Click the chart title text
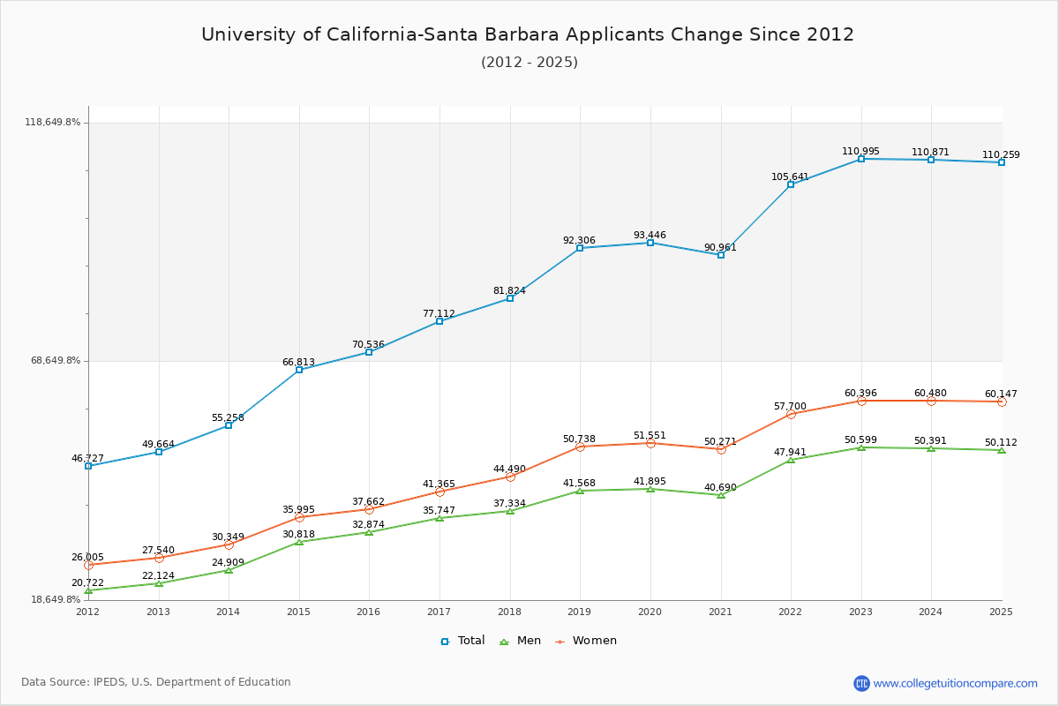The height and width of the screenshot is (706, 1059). coord(528,34)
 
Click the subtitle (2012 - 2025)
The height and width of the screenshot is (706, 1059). coord(529,63)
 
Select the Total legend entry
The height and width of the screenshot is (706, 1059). coord(462,641)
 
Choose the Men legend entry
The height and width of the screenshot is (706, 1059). coord(521,641)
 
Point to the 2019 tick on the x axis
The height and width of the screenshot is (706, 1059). coord(580,612)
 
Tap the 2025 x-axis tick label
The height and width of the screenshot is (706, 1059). coord(1001,612)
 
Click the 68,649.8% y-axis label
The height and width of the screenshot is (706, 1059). coord(56,361)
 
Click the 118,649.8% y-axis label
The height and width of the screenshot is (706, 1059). coord(52,123)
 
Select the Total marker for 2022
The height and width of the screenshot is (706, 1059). coord(791,184)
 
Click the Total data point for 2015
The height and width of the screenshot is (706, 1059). coord(299,370)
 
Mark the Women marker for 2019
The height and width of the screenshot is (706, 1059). coord(580,447)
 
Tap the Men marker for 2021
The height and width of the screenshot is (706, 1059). coord(721,495)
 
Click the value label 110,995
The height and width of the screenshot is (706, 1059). coord(860,152)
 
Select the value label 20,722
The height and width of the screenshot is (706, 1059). coord(87,583)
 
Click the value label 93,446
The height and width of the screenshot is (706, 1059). coord(650,236)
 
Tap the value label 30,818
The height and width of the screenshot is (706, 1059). coord(298,535)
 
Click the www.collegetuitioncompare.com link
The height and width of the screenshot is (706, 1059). coord(955,683)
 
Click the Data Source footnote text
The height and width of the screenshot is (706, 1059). coord(156,682)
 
